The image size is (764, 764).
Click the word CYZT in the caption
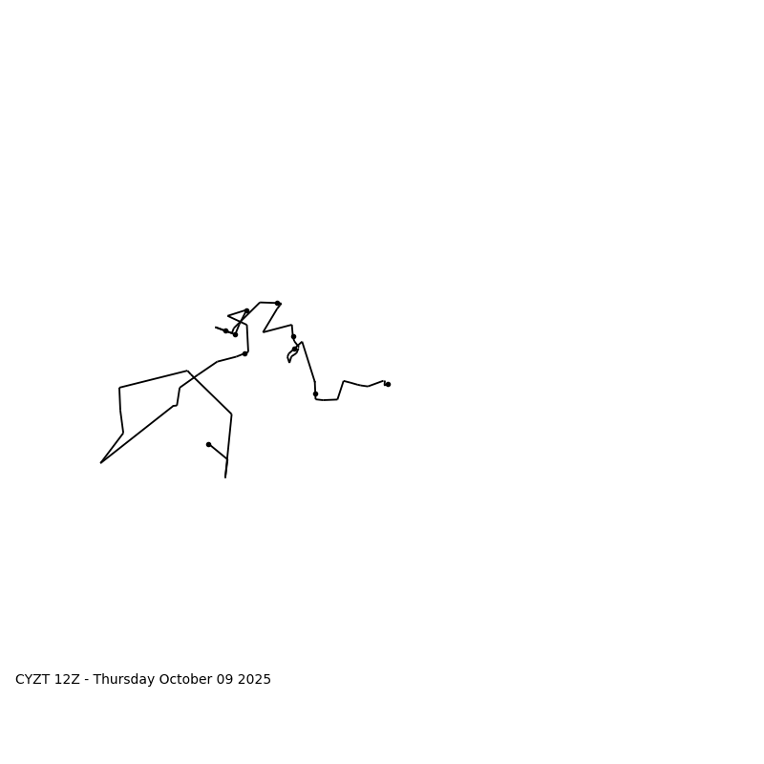[x=32, y=680]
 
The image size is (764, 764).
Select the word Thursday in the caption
[x=123, y=680]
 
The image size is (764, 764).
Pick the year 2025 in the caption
[x=254, y=680]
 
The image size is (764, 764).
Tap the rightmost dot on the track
[x=388, y=384]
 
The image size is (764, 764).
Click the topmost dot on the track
[x=277, y=303]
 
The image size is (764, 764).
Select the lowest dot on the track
[x=208, y=444]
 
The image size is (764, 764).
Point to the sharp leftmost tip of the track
[x=101, y=462]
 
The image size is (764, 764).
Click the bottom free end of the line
[x=225, y=477]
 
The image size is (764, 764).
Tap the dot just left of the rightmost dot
[x=315, y=393]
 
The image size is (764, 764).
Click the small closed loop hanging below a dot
[x=291, y=355]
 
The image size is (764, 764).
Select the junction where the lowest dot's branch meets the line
[x=227, y=459]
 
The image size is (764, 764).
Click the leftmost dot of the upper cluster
[x=225, y=330]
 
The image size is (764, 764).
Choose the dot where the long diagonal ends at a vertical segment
[x=244, y=353]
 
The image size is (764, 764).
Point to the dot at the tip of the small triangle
[x=246, y=310]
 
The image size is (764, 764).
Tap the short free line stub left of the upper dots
[x=219, y=329]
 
